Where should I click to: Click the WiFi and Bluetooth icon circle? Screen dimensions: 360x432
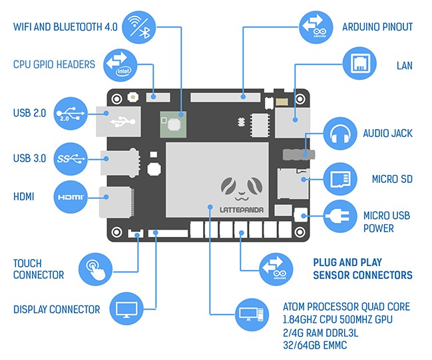point(138,26)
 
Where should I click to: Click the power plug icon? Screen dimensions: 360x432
point(341,216)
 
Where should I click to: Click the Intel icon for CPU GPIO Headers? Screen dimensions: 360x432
point(123,65)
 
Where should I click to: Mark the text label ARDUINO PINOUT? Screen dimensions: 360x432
point(377,27)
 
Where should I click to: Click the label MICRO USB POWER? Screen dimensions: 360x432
point(387,222)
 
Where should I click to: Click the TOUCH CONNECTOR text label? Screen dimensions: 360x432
point(39,269)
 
